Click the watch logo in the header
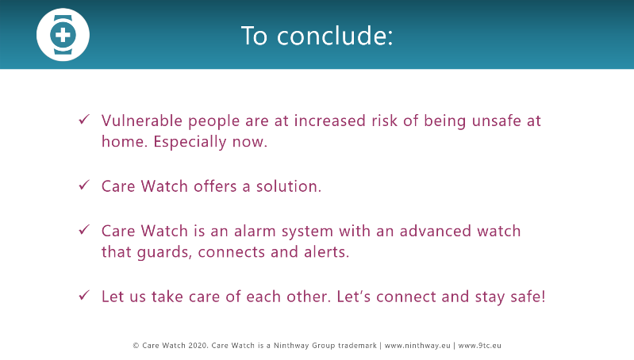(x=63, y=35)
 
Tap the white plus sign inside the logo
(x=63, y=35)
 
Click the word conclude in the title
(x=335, y=36)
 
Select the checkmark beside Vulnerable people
(x=84, y=120)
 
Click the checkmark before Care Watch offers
(x=84, y=185)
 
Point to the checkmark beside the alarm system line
(x=84, y=230)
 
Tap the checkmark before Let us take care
(x=84, y=295)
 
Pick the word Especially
(x=190, y=142)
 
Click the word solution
(x=289, y=186)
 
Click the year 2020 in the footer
(x=198, y=346)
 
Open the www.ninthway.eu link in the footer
(x=417, y=346)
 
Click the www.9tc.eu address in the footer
(x=479, y=346)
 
